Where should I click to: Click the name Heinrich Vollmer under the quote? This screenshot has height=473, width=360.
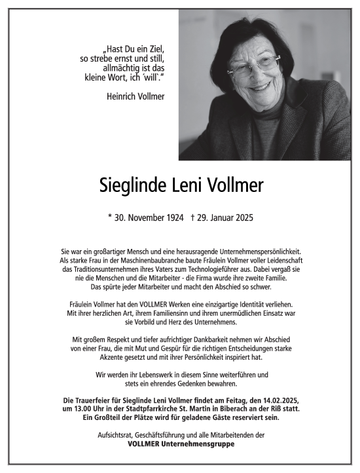tap(135, 96)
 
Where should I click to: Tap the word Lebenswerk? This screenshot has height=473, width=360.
tap(160, 374)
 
